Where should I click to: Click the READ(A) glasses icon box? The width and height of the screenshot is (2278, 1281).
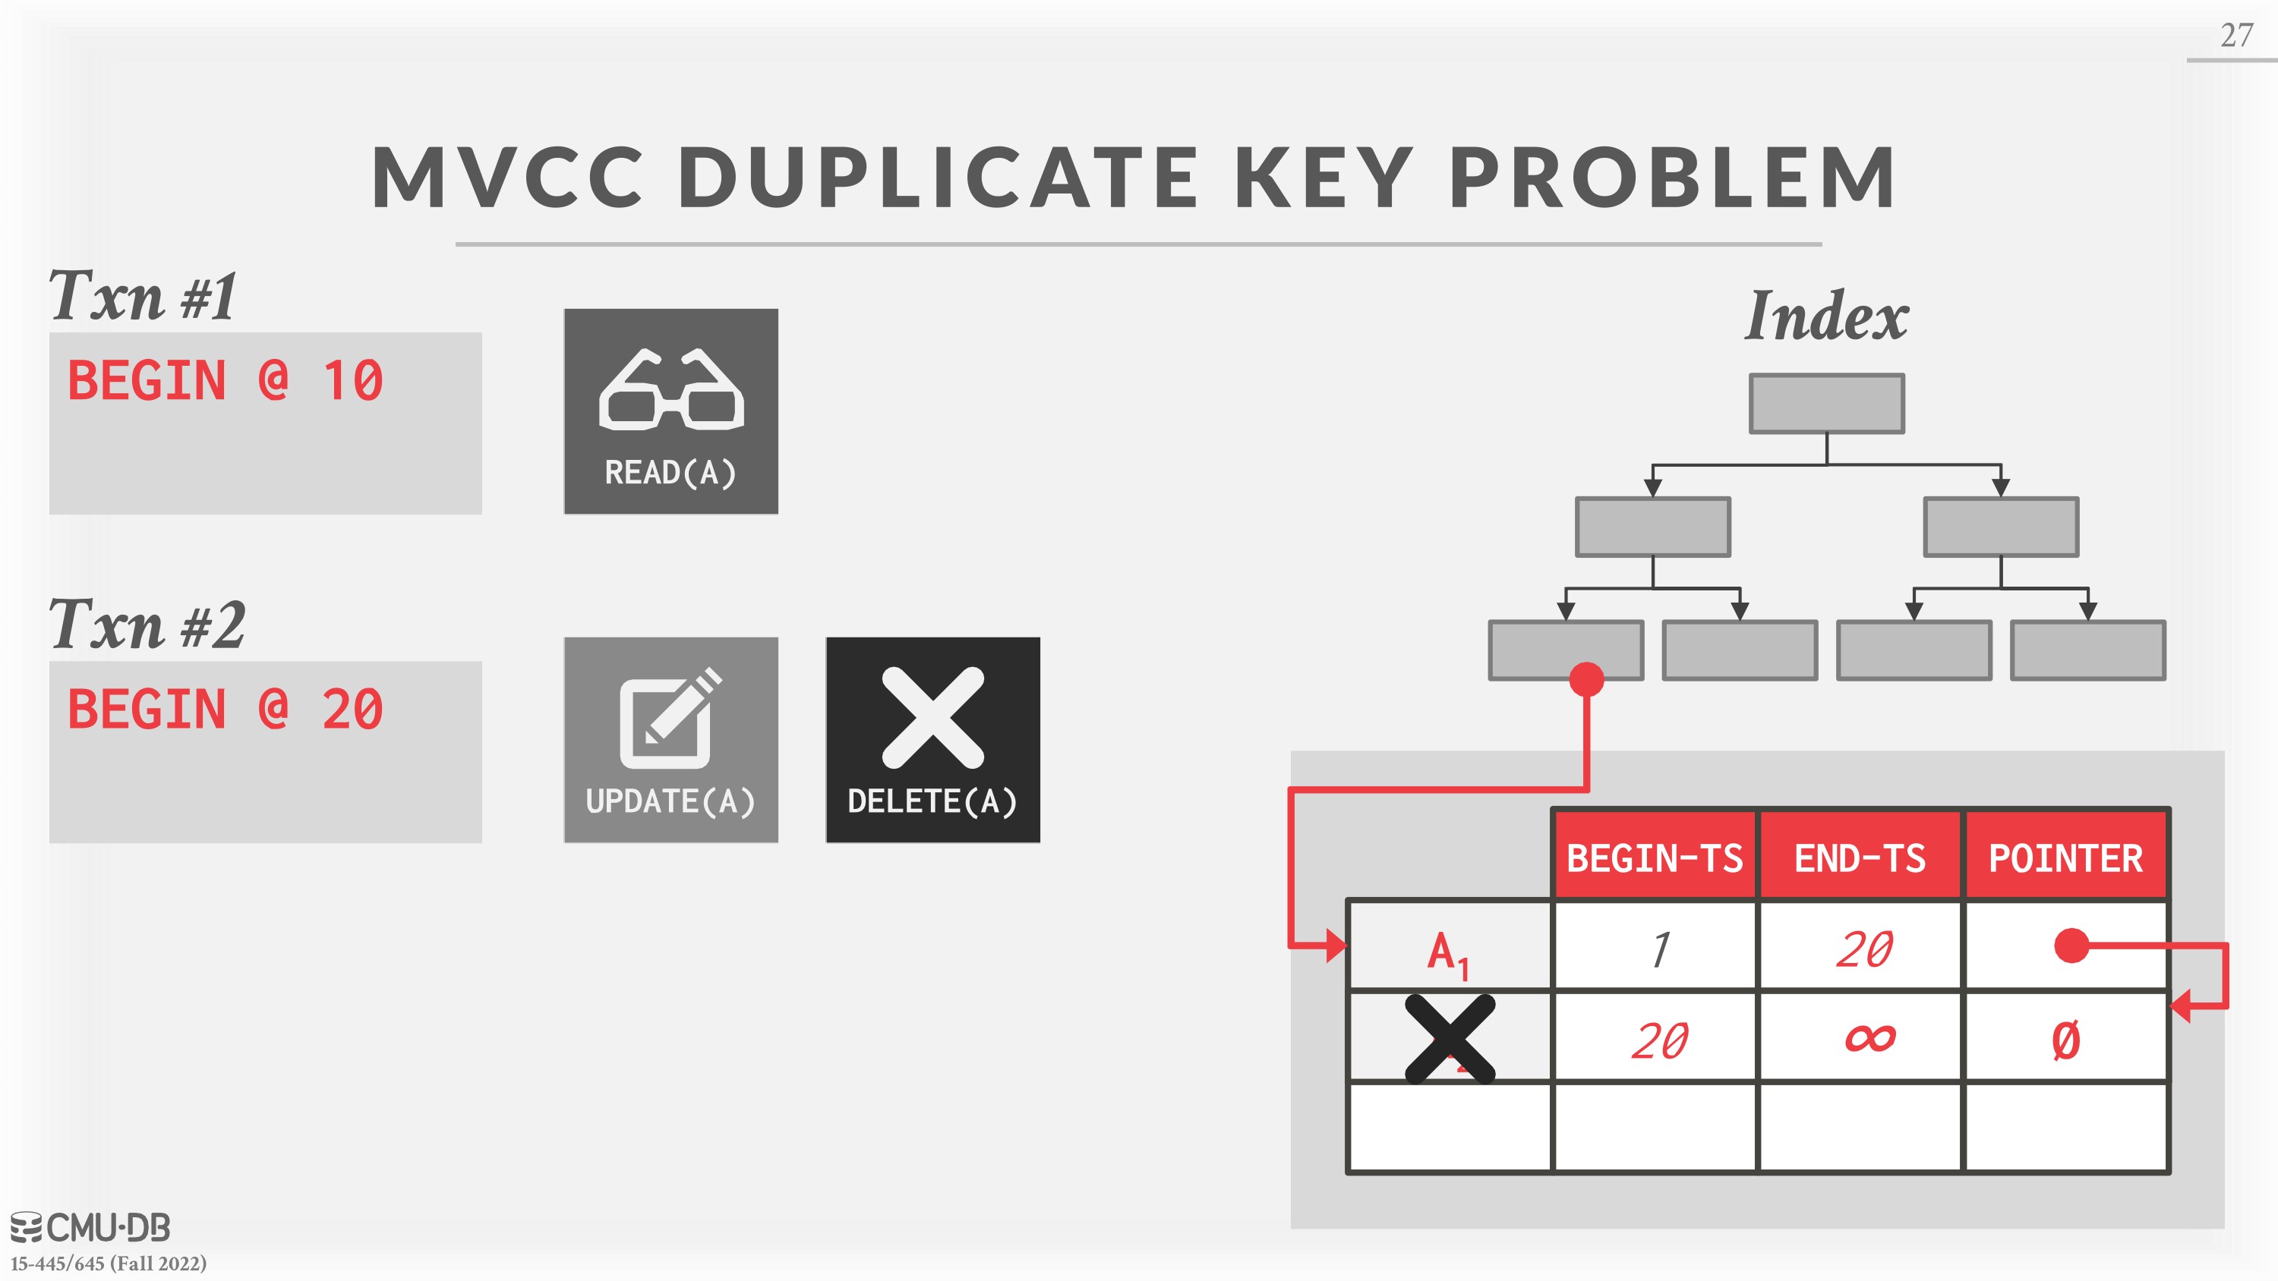tap(671, 411)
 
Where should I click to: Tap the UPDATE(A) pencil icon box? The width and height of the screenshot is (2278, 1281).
tap(671, 740)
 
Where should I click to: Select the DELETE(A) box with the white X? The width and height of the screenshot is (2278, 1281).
tap(933, 740)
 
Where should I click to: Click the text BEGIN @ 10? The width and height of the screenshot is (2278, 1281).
tap(226, 381)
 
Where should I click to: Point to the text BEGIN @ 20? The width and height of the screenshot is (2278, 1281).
tap(226, 710)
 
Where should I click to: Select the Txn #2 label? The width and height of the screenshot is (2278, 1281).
tap(147, 624)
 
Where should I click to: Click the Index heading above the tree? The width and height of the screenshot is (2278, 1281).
tap(1827, 316)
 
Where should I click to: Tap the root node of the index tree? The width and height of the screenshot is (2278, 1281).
tap(1827, 403)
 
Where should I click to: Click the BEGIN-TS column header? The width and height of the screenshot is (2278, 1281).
tap(1655, 858)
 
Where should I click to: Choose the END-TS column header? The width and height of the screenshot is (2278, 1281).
tap(1860, 858)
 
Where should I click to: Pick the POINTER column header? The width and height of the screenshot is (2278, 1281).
tap(2065, 858)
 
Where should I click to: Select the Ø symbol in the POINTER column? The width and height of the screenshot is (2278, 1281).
tap(2065, 1040)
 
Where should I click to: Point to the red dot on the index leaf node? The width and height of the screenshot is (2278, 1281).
tap(1586, 679)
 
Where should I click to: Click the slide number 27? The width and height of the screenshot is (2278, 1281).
tap(2236, 36)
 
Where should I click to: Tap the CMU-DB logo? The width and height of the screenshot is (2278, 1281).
tap(90, 1227)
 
